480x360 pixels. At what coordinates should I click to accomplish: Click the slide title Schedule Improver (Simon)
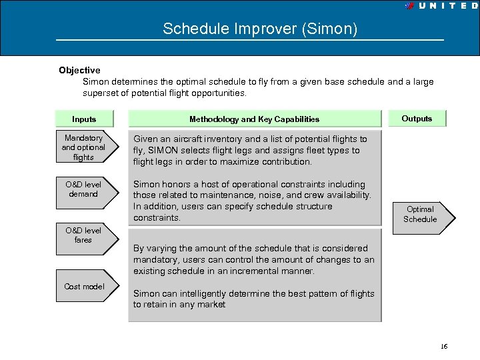(260, 29)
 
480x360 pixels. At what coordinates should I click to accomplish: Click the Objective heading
(79, 70)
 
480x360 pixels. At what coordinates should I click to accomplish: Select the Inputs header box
(84, 119)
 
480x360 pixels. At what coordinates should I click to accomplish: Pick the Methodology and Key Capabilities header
(254, 119)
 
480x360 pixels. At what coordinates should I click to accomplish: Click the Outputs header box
(417, 119)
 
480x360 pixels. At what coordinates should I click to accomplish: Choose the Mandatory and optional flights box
(84, 147)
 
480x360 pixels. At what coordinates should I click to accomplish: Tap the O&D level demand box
(84, 189)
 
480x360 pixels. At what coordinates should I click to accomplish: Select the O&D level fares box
(84, 235)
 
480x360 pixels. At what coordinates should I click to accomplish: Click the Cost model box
(84, 287)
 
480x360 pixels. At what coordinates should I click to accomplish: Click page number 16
(444, 347)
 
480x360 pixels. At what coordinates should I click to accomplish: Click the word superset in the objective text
(102, 93)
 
